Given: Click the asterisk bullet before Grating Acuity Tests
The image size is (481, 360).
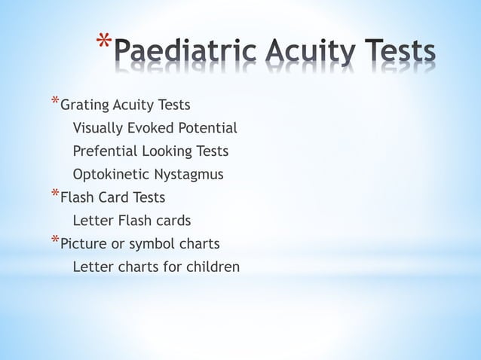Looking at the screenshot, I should [x=54, y=101].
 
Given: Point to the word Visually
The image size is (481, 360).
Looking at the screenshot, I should [x=98, y=128].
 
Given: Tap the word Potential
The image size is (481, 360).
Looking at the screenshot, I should [x=209, y=128].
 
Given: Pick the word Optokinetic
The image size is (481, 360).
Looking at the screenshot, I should [x=111, y=175].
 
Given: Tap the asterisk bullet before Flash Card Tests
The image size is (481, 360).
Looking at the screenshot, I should [x=54, y=194].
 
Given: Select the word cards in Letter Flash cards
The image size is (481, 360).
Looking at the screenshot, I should [x=173, y=221].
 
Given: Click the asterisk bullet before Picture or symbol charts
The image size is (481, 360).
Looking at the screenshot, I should [x=54, y=241].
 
